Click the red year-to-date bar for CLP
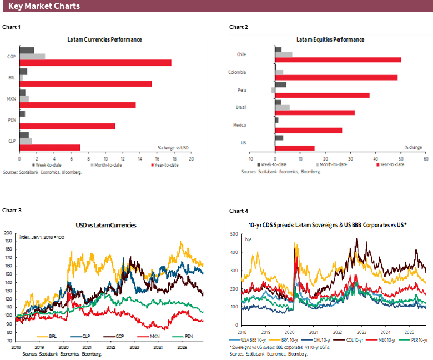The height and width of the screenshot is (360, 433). click(x=50, y=147)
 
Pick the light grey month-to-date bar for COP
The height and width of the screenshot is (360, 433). click(x=32, y=56)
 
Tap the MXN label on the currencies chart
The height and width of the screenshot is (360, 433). click(x=11, y=99)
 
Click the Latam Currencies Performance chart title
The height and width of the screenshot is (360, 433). click(x=104, y=39)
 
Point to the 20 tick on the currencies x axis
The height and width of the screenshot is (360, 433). click(x=191, y=159)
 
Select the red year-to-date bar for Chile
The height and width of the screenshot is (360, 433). click(x=338, y=59)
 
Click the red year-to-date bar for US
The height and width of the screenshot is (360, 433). click(x=295, y=148)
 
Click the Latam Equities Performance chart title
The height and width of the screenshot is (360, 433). click(x=330, y=39)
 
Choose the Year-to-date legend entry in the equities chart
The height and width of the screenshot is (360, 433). click(x=391, y=165)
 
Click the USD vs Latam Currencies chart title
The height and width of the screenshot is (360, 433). click(x=106, y=225)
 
